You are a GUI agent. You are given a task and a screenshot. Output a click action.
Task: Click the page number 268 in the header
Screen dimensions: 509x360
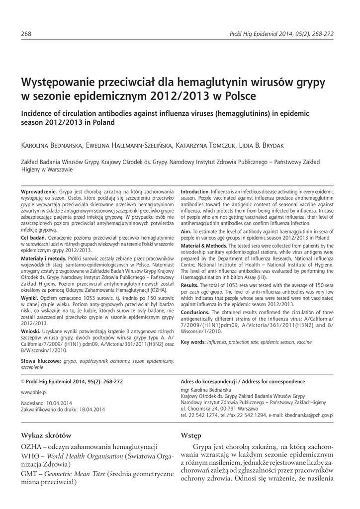[x=27, y=34]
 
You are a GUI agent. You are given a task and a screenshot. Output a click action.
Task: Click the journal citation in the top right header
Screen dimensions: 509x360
[x=281, y=34]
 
